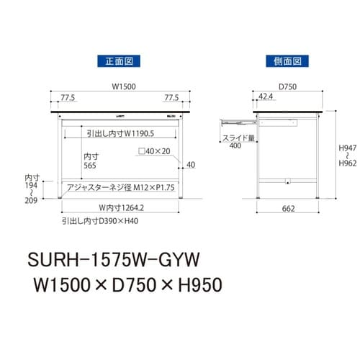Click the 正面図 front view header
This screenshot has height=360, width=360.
coord(120,62)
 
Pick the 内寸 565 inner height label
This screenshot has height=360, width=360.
coord(90,161)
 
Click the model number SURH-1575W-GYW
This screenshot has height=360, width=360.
coord(114,256)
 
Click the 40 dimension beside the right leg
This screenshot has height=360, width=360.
coord(190,165)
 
